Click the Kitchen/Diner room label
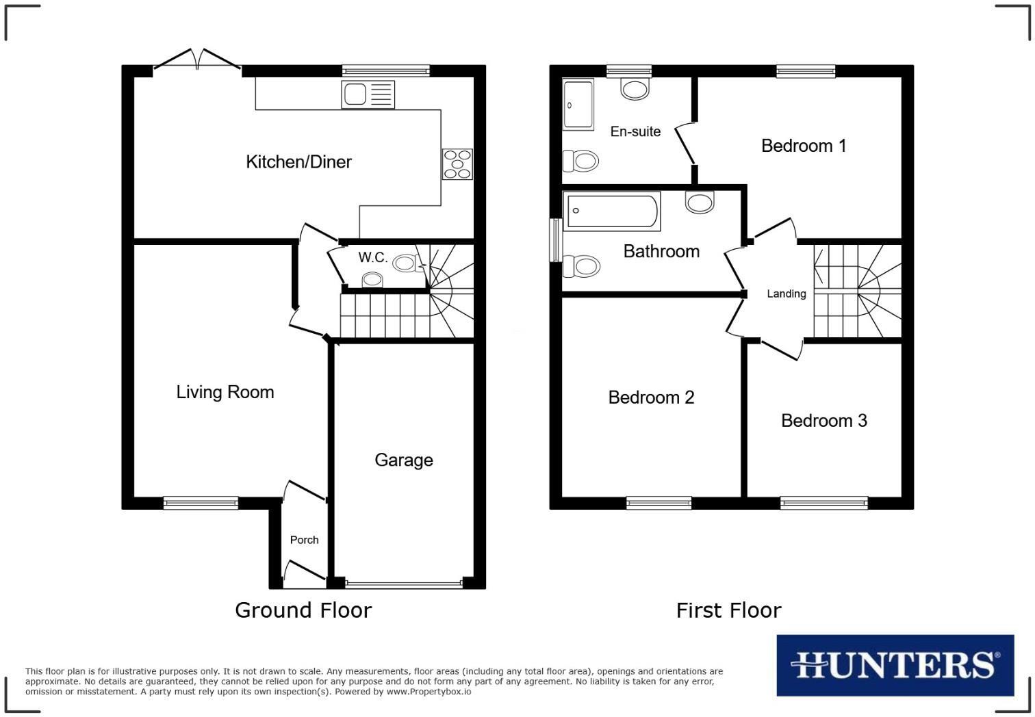[x=298, y=162]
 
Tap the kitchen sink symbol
[x=368, y=94]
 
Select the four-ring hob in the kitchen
[x=457, y=164]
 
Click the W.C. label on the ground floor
[x=373, y=258]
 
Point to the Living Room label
[x=225, y=392]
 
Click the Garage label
[x=404, y=460]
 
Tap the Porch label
[x=305, y=540]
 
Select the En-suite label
[x=635, y=131]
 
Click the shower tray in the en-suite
[x=578, y=104]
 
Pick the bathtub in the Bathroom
[x=611, y=211]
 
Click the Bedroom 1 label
[x=804, y=146]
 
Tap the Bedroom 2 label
[x=651, y=397]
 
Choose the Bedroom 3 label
[x=824, y=421]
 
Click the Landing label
[x=786, y=294]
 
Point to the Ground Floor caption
[x=303, y=610]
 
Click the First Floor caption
[x=728, y=610]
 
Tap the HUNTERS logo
[x=895, y=665]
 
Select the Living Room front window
[x=201, y=504]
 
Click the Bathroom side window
[x=556, y=239]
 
